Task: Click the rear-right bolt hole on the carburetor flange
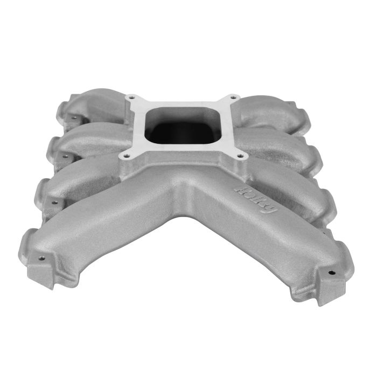[232, 98]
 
